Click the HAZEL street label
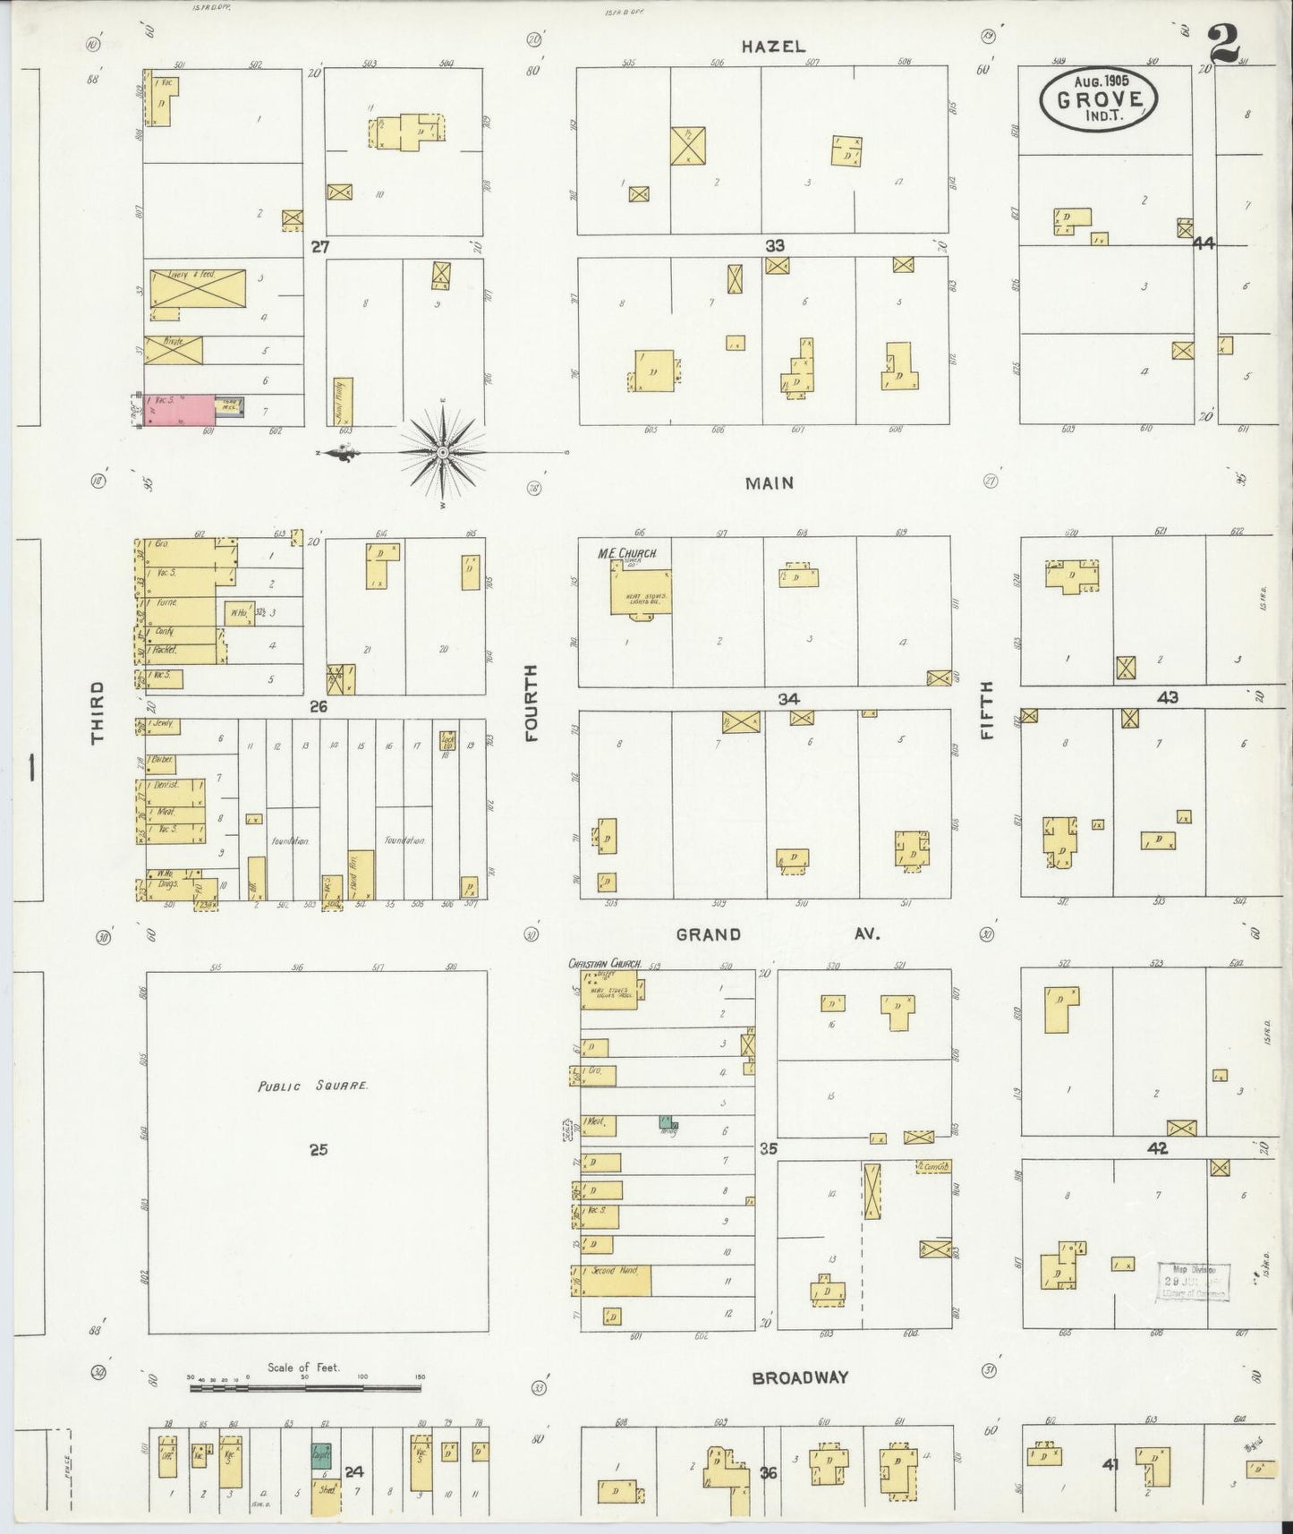coord(773,47)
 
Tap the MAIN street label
coord(770,483)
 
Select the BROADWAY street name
coord(799,1377)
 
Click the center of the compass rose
coord(441,453)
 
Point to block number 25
coord(319,1149)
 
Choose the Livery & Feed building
coord(197,287)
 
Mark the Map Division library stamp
coord(1194,1281)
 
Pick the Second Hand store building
coord(611,1280)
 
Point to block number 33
coord(774,245)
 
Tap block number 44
coord(1204,243)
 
